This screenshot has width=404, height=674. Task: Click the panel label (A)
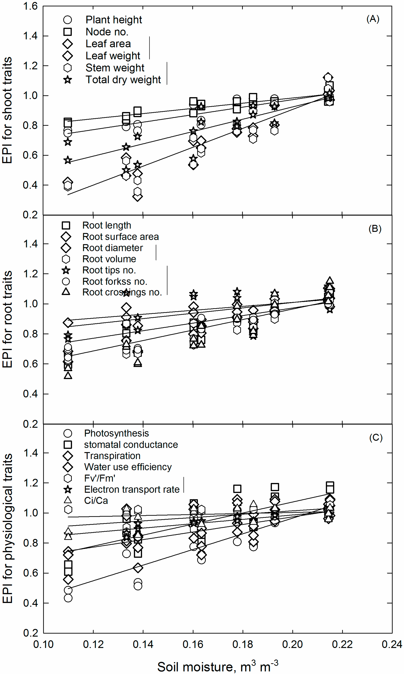(x=372, y=19)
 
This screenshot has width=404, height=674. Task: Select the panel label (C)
(x=376, y=438)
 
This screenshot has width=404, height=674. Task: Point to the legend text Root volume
(x=109, y=259)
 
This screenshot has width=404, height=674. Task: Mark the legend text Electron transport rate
(x=132, y=489)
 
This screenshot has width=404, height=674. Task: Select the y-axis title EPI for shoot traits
(x=7, y=110)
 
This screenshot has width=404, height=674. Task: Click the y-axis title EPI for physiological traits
(x=7, y=528)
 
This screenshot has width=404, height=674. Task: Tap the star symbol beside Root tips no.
(x=66, y=270)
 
